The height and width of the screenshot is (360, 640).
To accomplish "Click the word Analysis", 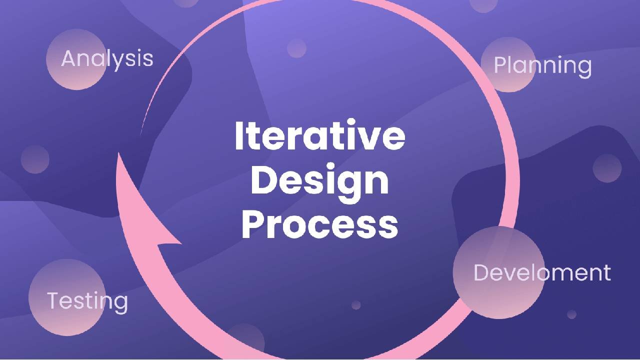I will click(107, 58).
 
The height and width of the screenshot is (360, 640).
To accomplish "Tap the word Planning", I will click(542, 66).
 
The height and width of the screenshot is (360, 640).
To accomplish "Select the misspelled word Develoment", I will click(542, 272).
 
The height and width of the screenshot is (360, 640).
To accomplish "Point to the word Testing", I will click(87, 301).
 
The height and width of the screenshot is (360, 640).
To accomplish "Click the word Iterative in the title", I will click(320, 136).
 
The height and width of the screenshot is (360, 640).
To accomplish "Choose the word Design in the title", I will click(320, 181).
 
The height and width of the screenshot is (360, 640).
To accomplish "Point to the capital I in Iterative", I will click(240, 136).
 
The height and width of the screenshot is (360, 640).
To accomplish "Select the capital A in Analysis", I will click(69, 58).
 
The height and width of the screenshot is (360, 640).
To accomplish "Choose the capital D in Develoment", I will click(481, 272).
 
